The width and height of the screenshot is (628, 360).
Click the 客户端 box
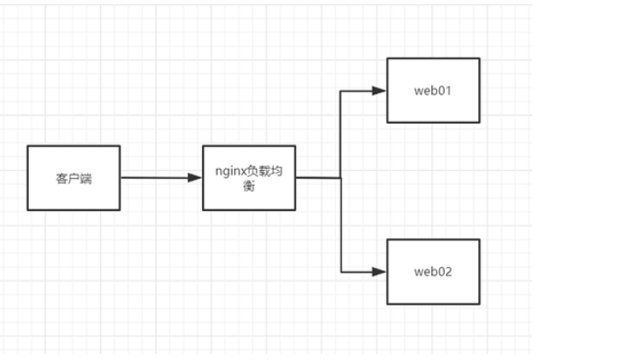pos(73,178)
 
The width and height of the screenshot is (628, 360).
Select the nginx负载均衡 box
pos(249,178)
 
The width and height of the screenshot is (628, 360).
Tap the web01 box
pos(433,90)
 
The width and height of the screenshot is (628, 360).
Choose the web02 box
pos(433,271)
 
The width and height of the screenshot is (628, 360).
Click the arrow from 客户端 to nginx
pos(157,178)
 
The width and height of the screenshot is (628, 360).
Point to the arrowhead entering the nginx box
pos(196,178)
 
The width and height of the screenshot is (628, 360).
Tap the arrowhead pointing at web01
pos(380,90)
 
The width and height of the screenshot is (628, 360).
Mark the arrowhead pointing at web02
pos(380,271)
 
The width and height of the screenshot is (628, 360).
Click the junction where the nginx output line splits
pos(341,178)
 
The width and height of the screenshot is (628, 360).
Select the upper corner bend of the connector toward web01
pos(341,90)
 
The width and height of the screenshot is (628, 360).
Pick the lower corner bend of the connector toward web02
pos(341,271)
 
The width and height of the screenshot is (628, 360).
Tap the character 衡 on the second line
pos(249,186)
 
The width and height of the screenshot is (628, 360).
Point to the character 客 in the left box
pos(62,179)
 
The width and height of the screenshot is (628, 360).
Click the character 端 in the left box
pos(85,179)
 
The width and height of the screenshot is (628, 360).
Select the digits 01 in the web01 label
pos(445,90)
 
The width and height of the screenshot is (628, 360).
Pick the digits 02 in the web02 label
pos(445,271)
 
